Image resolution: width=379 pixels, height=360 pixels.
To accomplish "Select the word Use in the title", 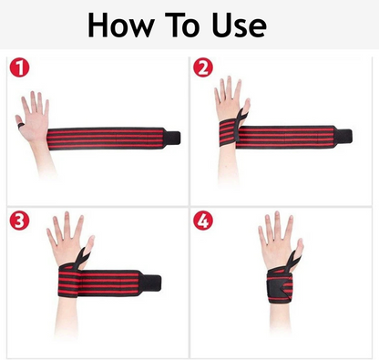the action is pyautogui.click(x=240, y=25).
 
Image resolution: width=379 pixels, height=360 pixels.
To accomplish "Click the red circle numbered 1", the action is pyautogui.click(x=19, y=67).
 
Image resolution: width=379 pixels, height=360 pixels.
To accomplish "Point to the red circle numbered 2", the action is pyautogui.click(x=203, y=67).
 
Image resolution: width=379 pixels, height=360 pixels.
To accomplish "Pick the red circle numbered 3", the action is pyautogui.click(x=19, y=221).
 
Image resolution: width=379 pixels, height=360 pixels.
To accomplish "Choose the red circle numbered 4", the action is pyautogui.click(x=203, y=221).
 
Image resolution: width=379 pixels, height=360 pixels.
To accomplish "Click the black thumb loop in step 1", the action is pyautogui.click(x=21, y=125).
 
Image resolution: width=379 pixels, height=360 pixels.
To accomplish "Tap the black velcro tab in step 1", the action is pyautogui.click(x=173, y=138).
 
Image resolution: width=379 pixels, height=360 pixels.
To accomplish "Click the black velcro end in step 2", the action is pyautogui.click(x=344, y=136).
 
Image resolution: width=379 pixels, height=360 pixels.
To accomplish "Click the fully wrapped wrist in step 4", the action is pyautogui.click(x=280, y=285).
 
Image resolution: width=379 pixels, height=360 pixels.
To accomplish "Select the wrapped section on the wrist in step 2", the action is pyautogui.click(x=228, y=133).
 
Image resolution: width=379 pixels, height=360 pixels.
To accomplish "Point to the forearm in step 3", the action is pyautogui.click(x=67, y=316).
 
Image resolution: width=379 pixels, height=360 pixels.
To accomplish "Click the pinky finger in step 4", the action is pyautogui.click(x=262, y=235).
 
